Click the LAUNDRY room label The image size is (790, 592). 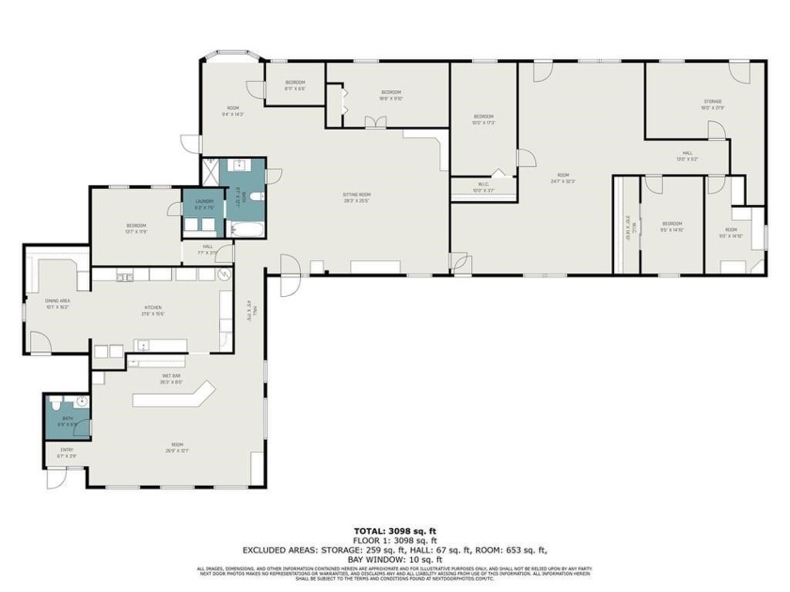[x=205, y=200]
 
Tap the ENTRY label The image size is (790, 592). [x=67, y=450]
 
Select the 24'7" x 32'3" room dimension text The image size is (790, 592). [x=562, y=180]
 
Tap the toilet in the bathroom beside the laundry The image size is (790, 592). [x=255, y=197]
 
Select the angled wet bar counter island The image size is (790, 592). [x=174, y=398]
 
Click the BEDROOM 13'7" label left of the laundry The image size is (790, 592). [x=136, y=226]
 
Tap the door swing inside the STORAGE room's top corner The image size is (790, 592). [x=740, y=73]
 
